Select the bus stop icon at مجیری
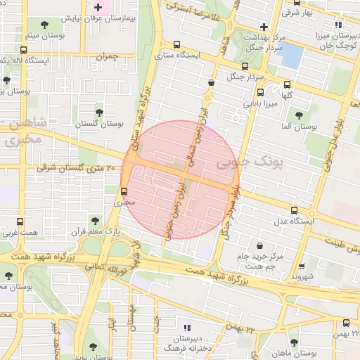pyautogui.click(x=124, y=191)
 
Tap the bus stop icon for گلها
pyautogui.click(x=261, y=91)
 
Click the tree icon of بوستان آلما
pyautogui.click(x=299, y=115)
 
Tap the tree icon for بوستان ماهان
pyautogui.click(x=294, y=342)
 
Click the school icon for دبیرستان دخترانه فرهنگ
pyautogui.click(x=186, y=328)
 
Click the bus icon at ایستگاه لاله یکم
pyautogui.click(x=25, y=51)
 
